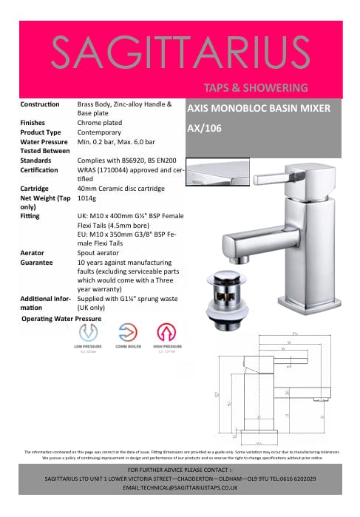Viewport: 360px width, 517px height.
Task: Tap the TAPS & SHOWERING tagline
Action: click(x=256, y=87)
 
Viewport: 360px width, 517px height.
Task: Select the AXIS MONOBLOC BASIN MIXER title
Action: click(x=259, y=108)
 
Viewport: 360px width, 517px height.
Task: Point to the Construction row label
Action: click(x=41, y=104)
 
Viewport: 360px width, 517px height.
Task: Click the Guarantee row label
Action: click(x=37, y=263)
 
